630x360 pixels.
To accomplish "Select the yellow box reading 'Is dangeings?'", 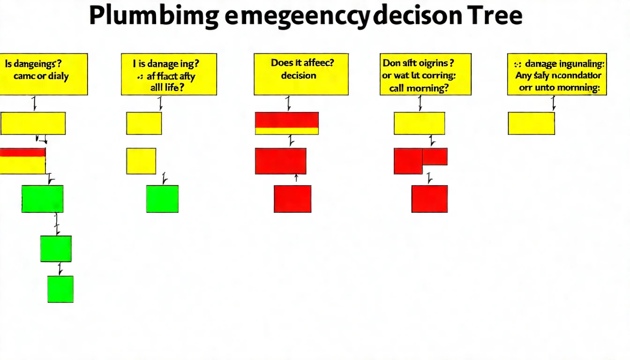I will (x=43, y=74).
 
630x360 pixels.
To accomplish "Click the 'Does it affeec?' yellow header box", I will (x=301, y=74).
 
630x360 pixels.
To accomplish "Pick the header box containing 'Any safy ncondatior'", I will (x=557, y=74).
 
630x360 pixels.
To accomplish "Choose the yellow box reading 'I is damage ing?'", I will (x=169, y=74).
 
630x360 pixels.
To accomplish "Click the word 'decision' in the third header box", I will (x=299, y=75).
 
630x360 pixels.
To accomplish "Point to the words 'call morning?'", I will (x=419, y=88).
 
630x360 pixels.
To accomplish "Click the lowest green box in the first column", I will (x=60, y=289).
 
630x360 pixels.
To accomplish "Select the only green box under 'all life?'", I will (x=162, y=199).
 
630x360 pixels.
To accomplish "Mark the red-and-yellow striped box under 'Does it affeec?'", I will (x=287, y=123).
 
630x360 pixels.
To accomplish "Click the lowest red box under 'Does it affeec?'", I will (x=292, y=199).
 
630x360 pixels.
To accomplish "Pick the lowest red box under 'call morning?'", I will (x=429, y=199).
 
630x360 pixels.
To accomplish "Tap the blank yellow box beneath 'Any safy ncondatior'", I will (x=531, y=123).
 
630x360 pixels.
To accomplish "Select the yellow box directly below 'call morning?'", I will (x=419, y=123).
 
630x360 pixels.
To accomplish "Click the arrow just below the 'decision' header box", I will (x=289, y=103).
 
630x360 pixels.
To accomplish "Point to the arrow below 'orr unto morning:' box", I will (x=554, y=103).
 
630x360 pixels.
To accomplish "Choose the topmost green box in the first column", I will (x=42, y=199).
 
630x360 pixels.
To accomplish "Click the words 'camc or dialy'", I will (x=41, y=76).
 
